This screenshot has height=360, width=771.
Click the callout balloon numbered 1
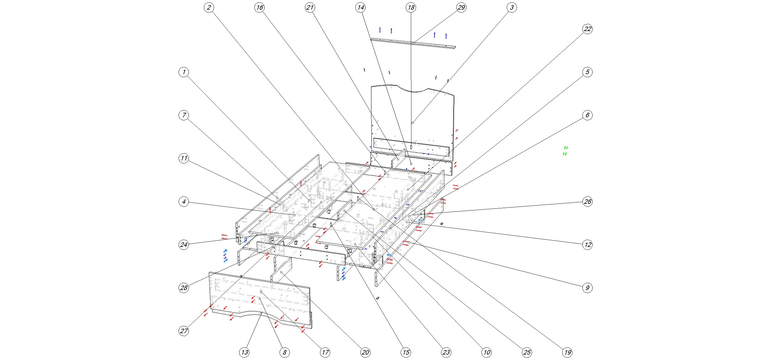point(184,72)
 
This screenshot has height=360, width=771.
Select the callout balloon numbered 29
point(461,8)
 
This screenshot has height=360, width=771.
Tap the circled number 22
point(587,29)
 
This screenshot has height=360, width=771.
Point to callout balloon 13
point(244,352)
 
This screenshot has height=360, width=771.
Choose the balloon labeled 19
point(567,352)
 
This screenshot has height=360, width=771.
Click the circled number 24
point(184,245)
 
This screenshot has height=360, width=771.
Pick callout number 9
point(587,288)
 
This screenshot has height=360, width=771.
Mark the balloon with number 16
point(259,8)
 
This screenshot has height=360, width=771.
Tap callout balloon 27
point(184,331)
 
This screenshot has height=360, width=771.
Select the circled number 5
point(587,72)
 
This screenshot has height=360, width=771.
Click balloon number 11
point(184,158)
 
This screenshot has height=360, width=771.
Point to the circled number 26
point(587,201)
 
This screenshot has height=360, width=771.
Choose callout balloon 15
point(406,352)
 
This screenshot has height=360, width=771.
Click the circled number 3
point(512,8)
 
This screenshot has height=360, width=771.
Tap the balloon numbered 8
point(284,352)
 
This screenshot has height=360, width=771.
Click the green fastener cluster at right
point(565,151)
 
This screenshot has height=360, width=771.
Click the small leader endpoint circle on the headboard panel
point(412,123)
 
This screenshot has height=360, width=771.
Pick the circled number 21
point(310,8)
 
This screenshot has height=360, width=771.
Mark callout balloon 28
point(184,288)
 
